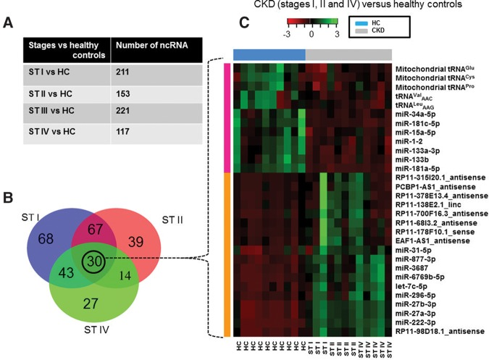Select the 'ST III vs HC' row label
point(54,113)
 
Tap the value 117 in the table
point(123,133)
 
